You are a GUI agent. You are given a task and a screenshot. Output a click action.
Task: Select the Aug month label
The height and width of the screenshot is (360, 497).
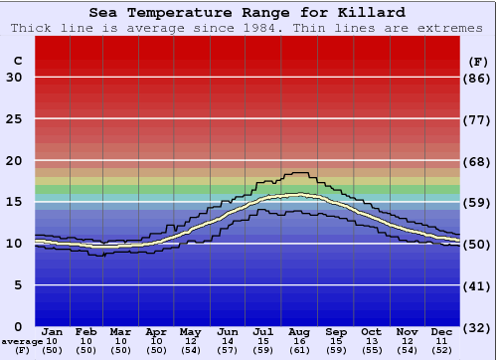pos(299,331)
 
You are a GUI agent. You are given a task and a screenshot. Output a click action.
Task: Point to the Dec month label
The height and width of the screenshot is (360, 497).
pos(442,331)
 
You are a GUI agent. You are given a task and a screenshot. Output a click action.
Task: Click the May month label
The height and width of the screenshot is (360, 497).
pos(190,331)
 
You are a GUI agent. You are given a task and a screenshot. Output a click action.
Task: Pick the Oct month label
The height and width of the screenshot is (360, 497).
pos(371,331)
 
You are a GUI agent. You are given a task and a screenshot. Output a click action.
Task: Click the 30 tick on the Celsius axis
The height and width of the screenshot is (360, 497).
pos(14,78)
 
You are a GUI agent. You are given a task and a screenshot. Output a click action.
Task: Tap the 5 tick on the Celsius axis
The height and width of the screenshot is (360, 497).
pos(17,285)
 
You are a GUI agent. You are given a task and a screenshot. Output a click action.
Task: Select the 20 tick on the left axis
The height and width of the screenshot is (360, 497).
pos(14,161)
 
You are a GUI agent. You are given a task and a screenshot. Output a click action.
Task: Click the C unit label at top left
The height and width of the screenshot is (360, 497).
pos(17,61)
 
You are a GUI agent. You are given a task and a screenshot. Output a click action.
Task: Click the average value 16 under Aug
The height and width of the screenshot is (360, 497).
pos(299,341)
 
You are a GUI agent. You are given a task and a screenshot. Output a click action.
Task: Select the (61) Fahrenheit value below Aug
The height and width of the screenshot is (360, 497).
pos(299,350)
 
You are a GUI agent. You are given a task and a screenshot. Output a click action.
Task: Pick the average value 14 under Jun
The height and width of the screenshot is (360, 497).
pos(228,341)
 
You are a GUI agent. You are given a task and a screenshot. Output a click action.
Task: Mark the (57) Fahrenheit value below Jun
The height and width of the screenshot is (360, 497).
pos(228,350)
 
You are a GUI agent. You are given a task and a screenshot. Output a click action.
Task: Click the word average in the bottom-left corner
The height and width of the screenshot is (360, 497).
pos(21,341)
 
